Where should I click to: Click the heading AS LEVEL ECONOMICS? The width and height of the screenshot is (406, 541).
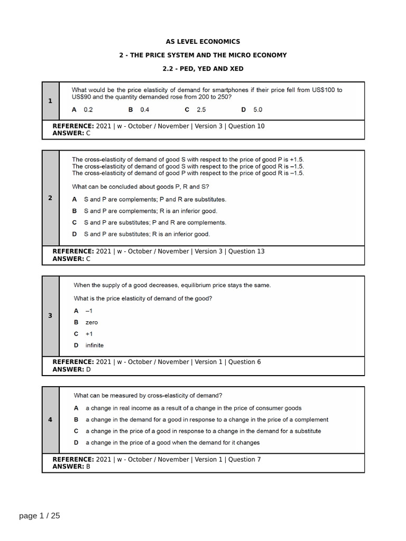203,42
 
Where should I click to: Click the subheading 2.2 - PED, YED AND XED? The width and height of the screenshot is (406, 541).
203,69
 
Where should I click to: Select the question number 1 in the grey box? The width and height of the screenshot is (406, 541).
50,101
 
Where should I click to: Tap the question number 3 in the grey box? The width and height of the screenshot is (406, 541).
50,316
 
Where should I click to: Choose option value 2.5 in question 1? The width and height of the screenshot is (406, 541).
201,110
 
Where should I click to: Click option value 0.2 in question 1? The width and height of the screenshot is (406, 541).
88,110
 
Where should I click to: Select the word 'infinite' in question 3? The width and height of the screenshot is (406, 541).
95,346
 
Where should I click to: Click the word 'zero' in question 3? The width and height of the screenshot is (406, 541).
91,322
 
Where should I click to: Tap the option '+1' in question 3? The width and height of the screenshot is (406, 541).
89,334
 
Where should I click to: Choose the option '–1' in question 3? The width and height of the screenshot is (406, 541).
89,311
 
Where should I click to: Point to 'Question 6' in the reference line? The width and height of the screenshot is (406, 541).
244,362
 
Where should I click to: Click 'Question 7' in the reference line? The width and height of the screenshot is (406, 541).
244,460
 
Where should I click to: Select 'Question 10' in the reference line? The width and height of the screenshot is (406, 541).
246,126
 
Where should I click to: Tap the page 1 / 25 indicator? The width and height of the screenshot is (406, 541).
40,516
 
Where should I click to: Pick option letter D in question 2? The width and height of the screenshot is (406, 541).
75,234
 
